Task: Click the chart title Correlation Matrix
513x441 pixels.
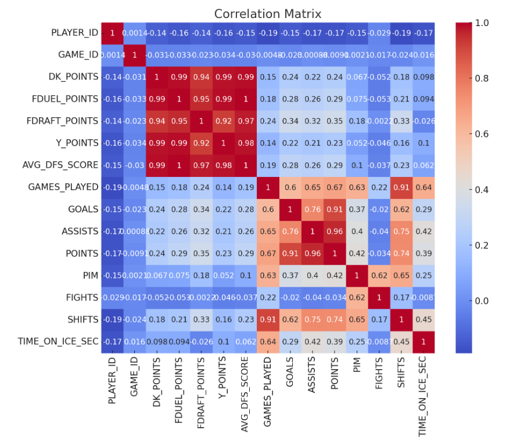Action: click(x=267, y=13)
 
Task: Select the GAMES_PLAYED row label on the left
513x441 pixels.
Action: click(x=63, y=187)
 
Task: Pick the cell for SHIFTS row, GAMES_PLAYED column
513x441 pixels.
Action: click(x=268, y=320)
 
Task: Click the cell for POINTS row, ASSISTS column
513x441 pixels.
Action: click(x=312, y=254)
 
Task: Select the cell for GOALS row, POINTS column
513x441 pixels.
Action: click(x=334, y=209)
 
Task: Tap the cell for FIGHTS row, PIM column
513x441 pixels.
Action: click(x=356, y=298)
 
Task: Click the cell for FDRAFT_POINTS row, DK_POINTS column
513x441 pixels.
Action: click(x=156, y=121)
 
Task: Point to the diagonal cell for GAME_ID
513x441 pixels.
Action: click(x=134, y=55)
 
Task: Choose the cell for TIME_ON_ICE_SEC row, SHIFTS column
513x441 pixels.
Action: click(x=400, y=342)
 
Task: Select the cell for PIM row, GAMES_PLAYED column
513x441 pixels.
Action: click(x=268, y=276)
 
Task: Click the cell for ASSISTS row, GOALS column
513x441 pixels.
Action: click(x=290, y=232)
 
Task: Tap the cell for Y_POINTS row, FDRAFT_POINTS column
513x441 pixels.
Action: click(x=201, y=143)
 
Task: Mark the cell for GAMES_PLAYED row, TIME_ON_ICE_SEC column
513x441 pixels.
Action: click(x=422, y=187)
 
